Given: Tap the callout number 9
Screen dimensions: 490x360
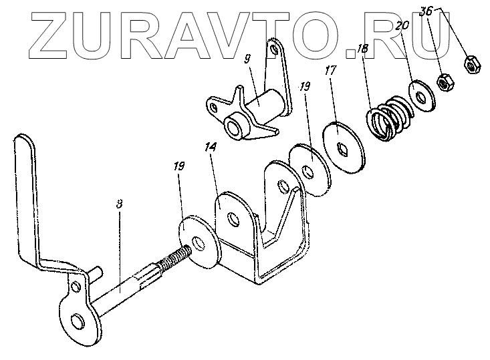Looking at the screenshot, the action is [248, 59].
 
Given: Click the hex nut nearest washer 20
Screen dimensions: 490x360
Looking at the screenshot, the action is [443, 83].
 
